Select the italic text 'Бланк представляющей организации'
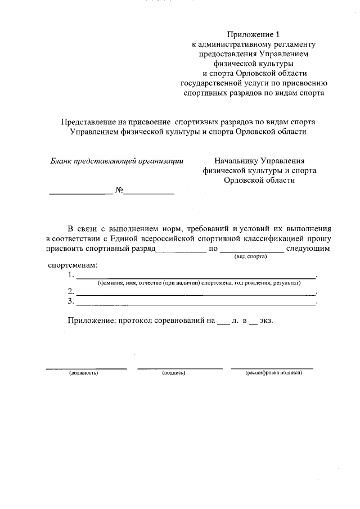coord(118,160)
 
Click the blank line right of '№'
coord(149,193)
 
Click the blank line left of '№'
coord(81,193)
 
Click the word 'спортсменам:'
coord(73,265)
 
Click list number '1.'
coord(70,275)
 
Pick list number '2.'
coord(70,291)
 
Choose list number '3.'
coord(70,301)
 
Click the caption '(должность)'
coord(84,373)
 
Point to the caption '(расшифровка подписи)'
coord(273,373)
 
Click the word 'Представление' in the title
coord(88,121)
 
